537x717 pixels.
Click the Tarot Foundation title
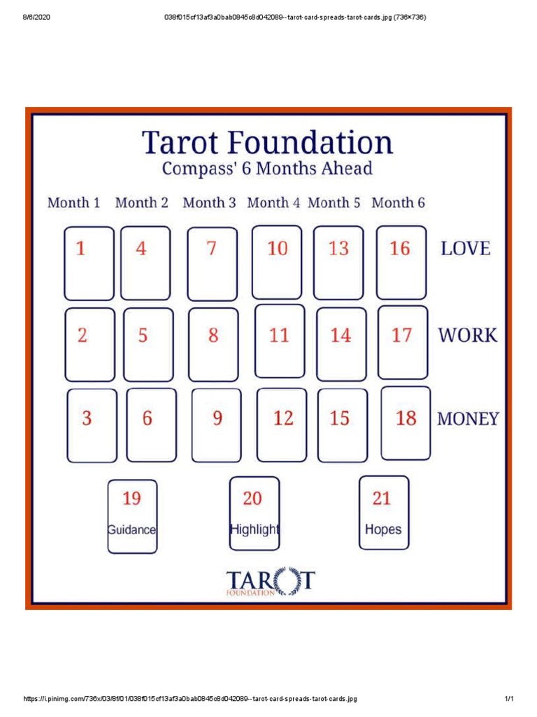click(x=268, y=143)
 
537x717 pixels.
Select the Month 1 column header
click(x=73, y=203)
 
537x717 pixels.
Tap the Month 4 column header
click(x=273, y=203)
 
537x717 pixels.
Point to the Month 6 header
click(x=398, y=203)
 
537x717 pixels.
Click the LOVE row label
click(x=465, y=249)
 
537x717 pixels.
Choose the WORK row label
click(x=468, y=335)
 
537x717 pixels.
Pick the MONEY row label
click(x=468, y=419)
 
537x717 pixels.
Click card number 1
click(x=89, y=263)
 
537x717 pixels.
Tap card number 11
click(x=280, y=340)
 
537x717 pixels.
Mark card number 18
click(x=406, y=423)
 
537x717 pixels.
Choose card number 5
click(x=148, y=344)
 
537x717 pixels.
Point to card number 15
click(x=342, y=425)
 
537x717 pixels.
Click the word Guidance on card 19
click(x=132, y=530)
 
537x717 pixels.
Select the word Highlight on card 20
click(x=255, y=529)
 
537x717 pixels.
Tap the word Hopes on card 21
click(x=383, y=529)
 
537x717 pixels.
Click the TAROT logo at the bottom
click(x=271, y=582)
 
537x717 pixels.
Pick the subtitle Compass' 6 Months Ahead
click(x=267, y=169)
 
